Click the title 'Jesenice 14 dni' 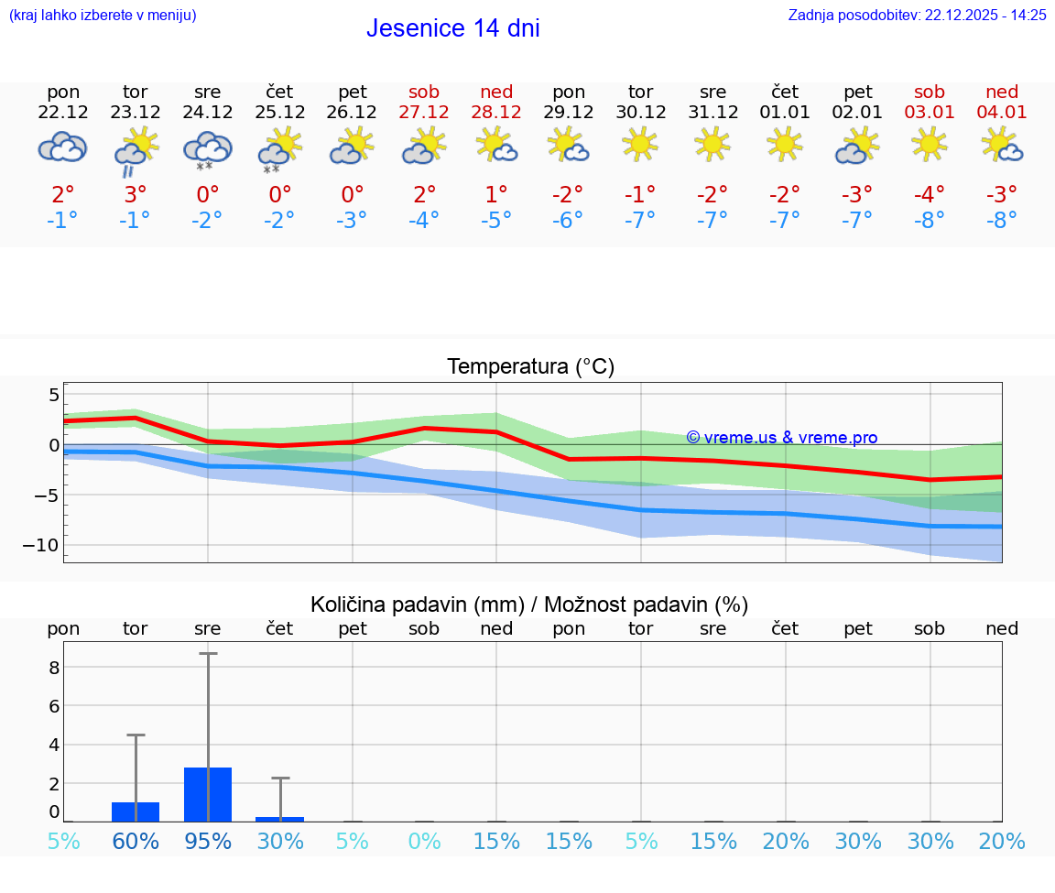452,28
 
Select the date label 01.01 785,113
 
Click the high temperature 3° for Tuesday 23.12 135,195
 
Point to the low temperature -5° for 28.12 495,221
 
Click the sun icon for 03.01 930,144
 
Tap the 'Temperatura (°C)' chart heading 530,367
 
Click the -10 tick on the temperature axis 41,545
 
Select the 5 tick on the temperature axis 53,396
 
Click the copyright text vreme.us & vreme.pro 781,438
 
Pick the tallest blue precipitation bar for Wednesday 208,794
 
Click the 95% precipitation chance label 208,842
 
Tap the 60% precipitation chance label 136,842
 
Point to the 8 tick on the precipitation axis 54,668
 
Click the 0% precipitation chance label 424,842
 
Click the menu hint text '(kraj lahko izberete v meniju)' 103,16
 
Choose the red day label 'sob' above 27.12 424,92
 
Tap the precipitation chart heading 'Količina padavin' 529,604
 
